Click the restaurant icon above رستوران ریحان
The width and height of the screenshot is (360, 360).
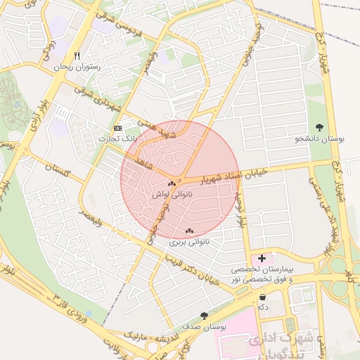pyautogui.click(x=77, y=56)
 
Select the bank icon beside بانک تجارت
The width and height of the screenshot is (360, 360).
pyautogui.click(x=117, y=128)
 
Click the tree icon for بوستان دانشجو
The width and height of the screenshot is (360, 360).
pyautogui.click(x=320, y=127)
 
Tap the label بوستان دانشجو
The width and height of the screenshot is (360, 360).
pyautogui.click(x=320, y=139)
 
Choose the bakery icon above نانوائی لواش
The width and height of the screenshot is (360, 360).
pyautogui.click(x=172, y=182)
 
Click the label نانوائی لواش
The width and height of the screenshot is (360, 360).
pyautogui.click(x=172, y=193)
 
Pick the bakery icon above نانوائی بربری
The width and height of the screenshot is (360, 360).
pyautogui.click(x=188, y=231)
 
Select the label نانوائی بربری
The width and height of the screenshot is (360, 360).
pyautogui.click(x=188, y=242)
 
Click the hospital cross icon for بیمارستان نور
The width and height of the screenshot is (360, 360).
pyautogui.click(x=262, y=258)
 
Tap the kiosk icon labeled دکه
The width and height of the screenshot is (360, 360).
pyautogui.click(x=262, y=297)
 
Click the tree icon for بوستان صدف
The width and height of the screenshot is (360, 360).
pyautogui.click(x=204, y=316)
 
